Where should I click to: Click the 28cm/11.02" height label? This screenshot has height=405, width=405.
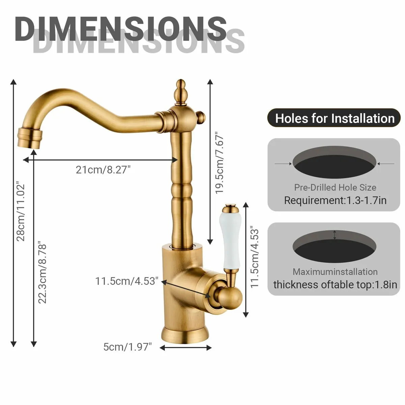21,212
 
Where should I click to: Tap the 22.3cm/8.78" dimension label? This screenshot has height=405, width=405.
42,272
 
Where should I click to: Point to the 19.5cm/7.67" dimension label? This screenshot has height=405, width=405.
220,162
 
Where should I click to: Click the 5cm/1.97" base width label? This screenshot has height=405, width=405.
128,347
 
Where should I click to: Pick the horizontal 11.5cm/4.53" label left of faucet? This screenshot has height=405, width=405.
127,281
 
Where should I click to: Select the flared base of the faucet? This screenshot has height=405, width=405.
185,334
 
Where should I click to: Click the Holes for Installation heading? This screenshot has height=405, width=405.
335,118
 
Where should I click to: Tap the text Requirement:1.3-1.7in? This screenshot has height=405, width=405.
335,200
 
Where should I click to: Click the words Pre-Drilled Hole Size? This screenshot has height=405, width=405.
335,187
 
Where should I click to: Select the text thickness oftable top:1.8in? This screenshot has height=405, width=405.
335,285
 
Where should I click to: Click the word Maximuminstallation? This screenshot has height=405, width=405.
335,272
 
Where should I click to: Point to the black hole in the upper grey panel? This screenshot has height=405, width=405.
334,165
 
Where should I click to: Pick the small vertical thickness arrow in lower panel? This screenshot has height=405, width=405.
334,235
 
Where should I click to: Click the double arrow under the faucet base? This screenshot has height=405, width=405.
185,347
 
